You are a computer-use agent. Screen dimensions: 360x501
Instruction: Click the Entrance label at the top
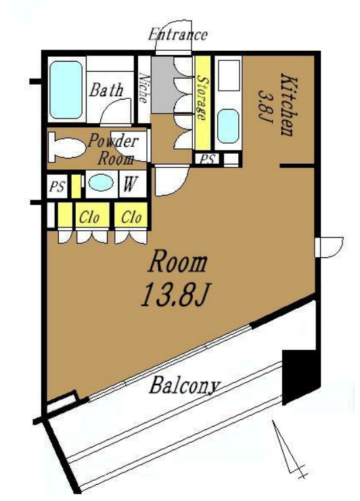177,34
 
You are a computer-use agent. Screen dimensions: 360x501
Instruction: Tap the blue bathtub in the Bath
66,90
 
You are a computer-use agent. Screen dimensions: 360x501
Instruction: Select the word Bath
106,90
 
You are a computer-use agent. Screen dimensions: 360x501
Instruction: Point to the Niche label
143,89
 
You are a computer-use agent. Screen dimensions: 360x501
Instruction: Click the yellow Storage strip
202,103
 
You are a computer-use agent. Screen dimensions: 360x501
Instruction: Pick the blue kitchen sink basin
228,126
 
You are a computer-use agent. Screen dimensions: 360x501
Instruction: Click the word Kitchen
289,105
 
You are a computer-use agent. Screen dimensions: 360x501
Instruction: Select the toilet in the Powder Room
66,148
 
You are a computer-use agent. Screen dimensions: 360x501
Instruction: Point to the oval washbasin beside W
101,183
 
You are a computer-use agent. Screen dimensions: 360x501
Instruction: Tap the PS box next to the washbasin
57,186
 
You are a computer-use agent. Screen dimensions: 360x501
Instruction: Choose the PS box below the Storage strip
207,159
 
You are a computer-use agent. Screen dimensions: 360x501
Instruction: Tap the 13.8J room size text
175,296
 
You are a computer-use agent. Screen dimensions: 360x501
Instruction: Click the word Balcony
185,386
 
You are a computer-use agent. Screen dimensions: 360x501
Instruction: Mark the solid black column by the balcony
300,374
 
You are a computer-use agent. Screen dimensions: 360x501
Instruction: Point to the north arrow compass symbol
288,450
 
